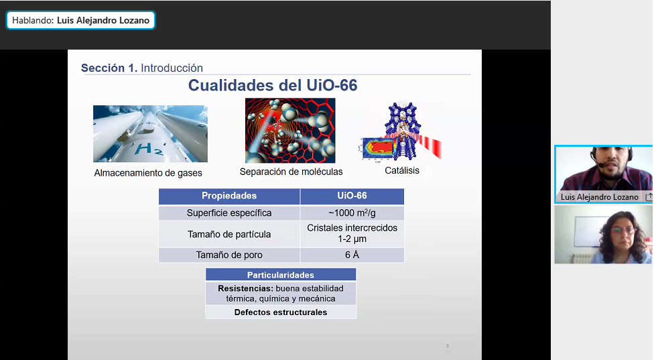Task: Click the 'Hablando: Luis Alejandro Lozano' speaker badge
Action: point(80,20)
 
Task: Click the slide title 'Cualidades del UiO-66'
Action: point(273,86)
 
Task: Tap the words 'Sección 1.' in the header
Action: point(109,68)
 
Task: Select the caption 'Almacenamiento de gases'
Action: point(148,173)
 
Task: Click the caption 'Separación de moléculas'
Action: point(291,172)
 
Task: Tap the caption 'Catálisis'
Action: point(402,170)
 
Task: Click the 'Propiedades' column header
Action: point(229,196)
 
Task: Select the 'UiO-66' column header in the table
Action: point(352,196)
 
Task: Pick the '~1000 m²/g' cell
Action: point(352,213)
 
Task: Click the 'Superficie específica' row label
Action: point(229,213)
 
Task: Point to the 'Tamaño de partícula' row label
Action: point(229,235)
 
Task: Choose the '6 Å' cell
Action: point(352,255)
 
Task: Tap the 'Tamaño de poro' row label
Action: point(229,255)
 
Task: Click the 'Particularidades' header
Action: point(281,275)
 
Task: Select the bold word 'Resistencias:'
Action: point(246,289)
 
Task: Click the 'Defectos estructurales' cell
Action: point(281,312)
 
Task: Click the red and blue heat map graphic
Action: point(379,148)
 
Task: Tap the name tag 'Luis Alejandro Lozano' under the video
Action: point(599,197)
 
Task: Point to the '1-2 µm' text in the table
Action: point(352,239)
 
